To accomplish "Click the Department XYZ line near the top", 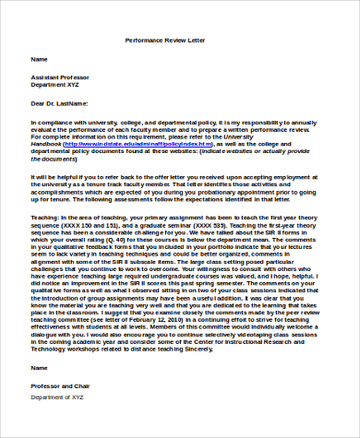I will coord(57,85).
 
